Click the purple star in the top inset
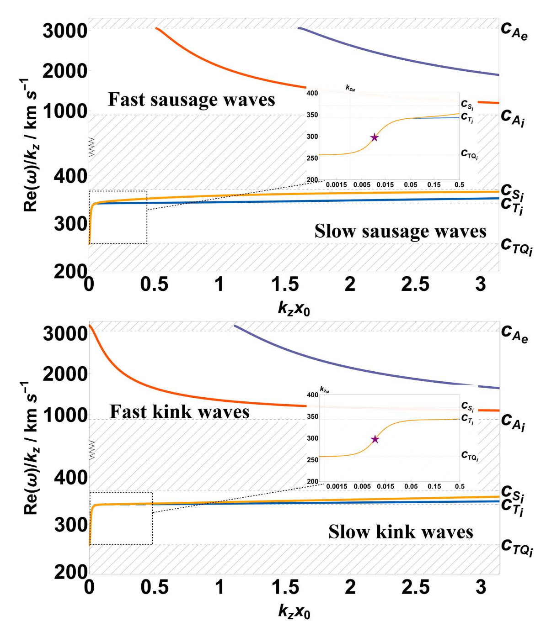(x=375, y=137)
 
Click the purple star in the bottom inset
(x=375, y=439)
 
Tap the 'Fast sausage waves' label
(x=191, y=100)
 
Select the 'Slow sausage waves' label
(x=400, y=232)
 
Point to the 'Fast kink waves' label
(x=179, y=412)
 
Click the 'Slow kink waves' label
(x=401, y=532)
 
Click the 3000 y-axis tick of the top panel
(x=65, y=32)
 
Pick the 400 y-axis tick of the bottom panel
(x=70, y=478)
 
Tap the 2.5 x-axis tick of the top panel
(x=415, y=285)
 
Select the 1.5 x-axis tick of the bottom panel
(x=285, y=587)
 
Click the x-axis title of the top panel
(x=294, y=309)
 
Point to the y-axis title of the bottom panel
(x=31, y=448)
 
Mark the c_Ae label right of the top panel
(x=514, y=31)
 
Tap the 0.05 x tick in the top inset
(x=410, y=185)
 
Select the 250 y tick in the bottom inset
(x=312, y=460)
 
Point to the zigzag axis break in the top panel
(x=91, y=147)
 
